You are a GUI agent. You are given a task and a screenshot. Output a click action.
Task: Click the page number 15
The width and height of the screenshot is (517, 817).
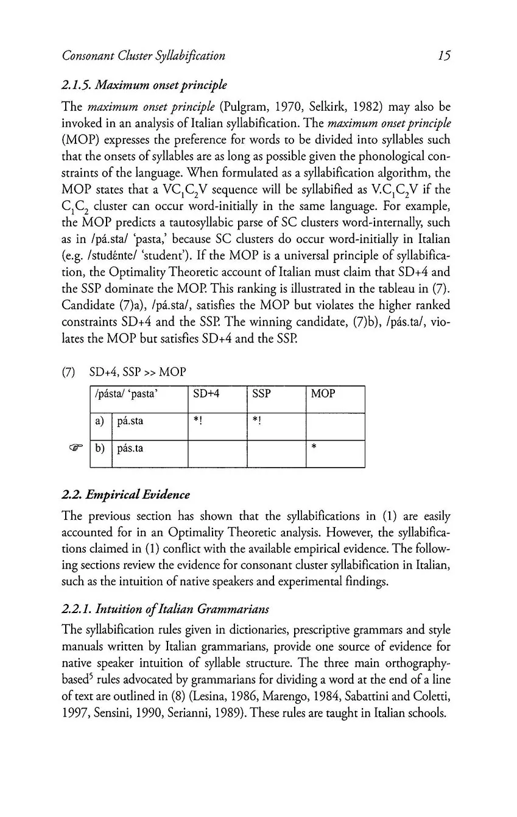pyautogui.click(x=443, y=56)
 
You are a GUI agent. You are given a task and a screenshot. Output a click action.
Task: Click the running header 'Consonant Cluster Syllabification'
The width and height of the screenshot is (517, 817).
pyautogui.click(x=144, y=56)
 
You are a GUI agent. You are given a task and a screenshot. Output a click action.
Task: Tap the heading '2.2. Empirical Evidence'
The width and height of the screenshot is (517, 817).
pyautogui.click(x=126, y=494)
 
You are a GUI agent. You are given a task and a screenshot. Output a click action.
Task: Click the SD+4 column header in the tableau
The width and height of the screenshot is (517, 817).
pyautogui.click(x=205, y=394)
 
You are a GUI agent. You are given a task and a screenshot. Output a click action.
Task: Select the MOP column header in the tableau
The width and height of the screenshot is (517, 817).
pyautogui.click(x=323, y=394)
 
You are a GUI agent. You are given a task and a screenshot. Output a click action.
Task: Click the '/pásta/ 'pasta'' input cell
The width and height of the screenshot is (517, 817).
pyautogui.click(x=124, y=394)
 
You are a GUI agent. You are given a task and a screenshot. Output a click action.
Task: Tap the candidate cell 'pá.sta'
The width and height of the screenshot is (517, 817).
pyautogui.click(x=130, y=421)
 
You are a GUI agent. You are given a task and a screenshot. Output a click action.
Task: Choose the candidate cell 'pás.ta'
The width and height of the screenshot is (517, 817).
pyautogui.click(x=130, y=449)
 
